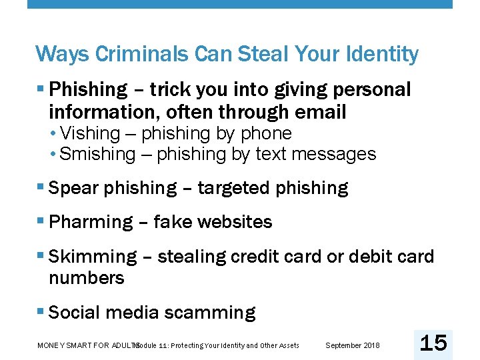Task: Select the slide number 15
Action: pyautogui.click(x=433, y=343)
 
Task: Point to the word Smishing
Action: pyautogui.click(x=97, y=154)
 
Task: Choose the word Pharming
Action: pyautogui.click(x=91, y=222)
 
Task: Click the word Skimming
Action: pyautogui.click(x=93, y=257)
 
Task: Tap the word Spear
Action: pyautogui.click(x=73, y=188)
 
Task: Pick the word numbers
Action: pyautogui.click(x=87, y=277)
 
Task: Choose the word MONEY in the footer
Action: pyautogui.click(x=50, y=345)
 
